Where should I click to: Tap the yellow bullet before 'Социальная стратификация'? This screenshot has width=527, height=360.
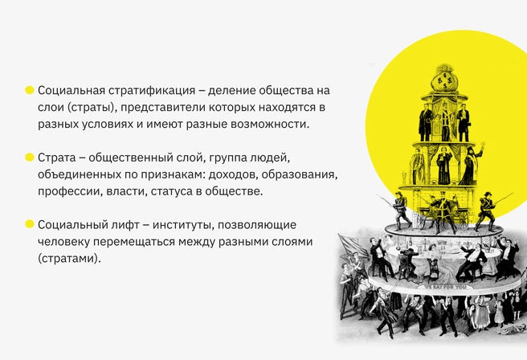pos(30,90)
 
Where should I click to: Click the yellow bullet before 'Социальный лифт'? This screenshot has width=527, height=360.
pos(30,224)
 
